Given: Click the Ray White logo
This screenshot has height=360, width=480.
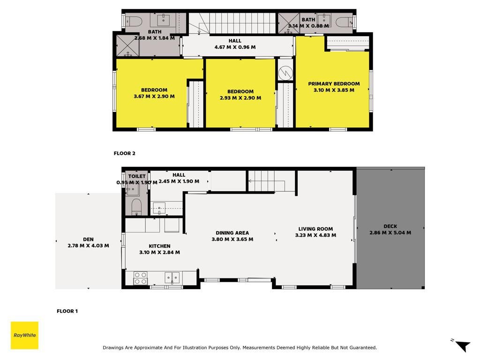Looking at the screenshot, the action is click(24, 335).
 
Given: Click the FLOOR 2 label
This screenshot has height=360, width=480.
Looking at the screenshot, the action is click(124, 153).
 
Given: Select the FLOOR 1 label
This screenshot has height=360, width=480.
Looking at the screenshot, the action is click(67, 311).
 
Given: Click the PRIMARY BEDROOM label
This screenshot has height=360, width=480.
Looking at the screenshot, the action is click(334, 83).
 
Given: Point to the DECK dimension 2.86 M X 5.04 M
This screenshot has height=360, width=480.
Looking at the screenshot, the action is click(390, 232).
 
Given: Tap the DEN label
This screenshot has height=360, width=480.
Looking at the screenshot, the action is click(88, 240).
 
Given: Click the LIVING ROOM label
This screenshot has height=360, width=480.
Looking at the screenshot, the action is click(315, 229).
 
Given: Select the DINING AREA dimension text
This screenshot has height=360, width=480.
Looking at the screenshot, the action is click(232, 239).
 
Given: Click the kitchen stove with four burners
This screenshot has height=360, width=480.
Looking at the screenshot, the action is click(140, 278).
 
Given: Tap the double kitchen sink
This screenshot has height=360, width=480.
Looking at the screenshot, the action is click(172, 277).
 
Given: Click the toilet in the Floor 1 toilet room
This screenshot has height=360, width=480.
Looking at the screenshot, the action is click(136, 207).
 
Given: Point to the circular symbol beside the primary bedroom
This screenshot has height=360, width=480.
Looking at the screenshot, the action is click(285, 73).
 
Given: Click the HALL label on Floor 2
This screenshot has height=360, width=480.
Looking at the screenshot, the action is click(235, 41).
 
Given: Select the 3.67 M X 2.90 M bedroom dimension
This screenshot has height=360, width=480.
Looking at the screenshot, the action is click(154, 96).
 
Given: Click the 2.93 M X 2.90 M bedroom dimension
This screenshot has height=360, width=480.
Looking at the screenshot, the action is click(240, 98).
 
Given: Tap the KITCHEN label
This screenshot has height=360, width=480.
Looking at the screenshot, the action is click(159, 246).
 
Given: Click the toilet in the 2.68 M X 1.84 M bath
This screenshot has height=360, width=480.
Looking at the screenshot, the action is click(134, 22).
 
